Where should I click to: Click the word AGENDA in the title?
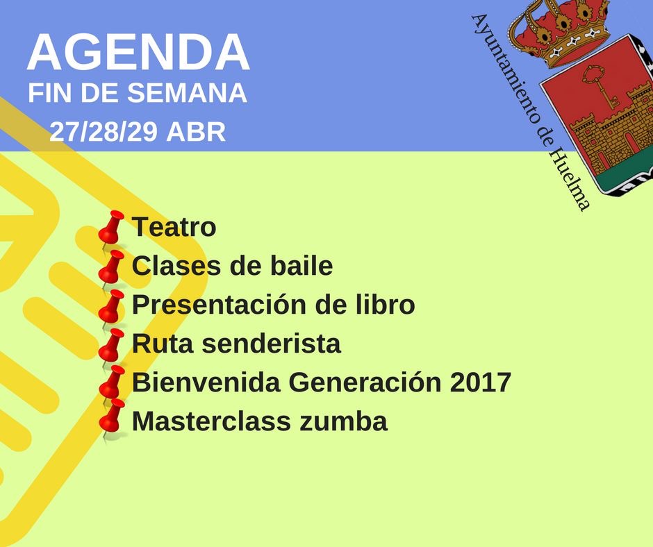click(x=138, y=52)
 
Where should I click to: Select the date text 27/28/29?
click(x=104, y=132)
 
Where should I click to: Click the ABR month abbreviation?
click(x=196, y=132)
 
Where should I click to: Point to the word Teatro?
click(x=174, y=227)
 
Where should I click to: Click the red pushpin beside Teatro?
click(x=111, y=228)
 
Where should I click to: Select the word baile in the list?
click(x=301, y=266)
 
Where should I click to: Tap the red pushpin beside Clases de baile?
click(x=111, y=267)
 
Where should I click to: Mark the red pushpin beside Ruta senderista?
click(x=111, y=346)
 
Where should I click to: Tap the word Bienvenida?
click(x=206, y=382)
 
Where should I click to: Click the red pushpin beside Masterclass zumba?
click(x=112, y=417)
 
